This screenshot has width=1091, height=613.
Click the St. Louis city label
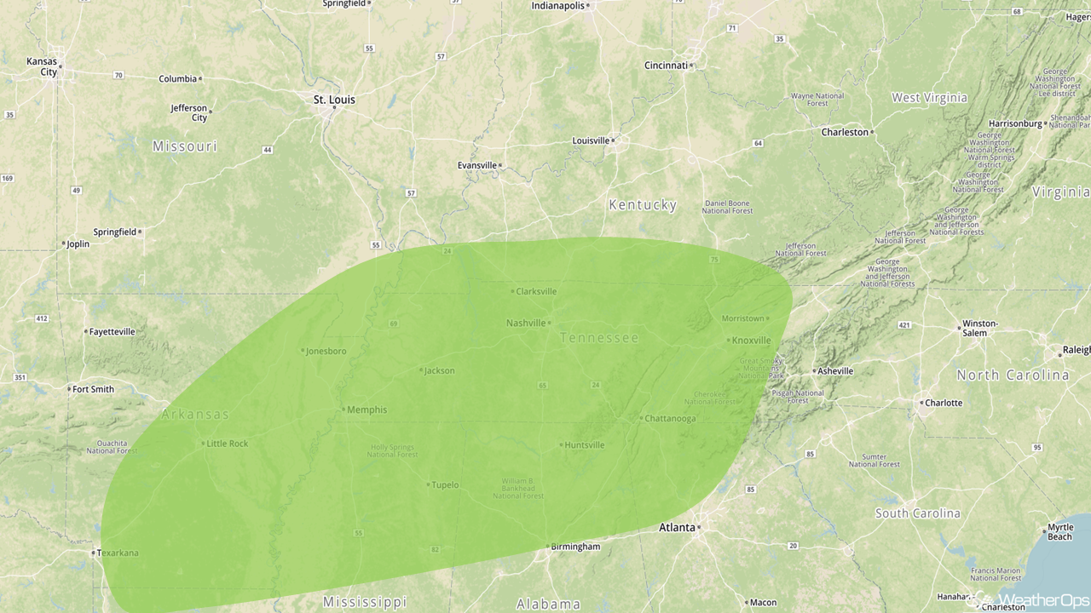coord(334,100)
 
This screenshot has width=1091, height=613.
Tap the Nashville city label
coord(526,323)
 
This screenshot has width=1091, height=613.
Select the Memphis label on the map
coord(367,410)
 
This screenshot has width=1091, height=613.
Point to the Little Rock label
coord(228,444)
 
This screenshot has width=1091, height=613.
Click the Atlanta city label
coord(677,528)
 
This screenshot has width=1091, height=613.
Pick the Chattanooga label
coord(671,418)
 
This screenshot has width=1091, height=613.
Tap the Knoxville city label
coord(751,341)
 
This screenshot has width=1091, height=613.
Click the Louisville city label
coord(591,140)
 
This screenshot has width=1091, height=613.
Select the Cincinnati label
coord(666,66)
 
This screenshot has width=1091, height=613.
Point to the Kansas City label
coord(42,66)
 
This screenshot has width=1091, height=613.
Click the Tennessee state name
coord(599,338)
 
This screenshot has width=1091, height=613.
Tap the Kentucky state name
coord(643,205)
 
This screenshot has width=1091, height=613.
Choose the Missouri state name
coord(185,146)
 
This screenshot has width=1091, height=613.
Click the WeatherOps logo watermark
coord(1036,600)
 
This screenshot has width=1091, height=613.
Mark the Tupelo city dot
coord(428,485)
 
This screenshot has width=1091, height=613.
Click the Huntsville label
coord(585,445)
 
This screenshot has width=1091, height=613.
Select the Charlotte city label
coord(944,403)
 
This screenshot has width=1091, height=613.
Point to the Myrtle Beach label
coord(1059,532)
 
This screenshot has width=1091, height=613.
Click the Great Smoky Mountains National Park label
coord(761,368)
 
